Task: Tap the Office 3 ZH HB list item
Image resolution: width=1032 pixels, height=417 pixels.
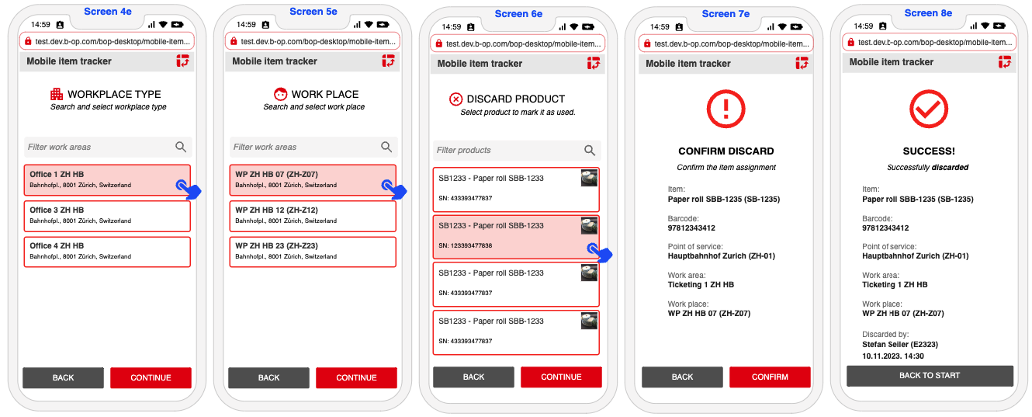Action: click(107, 215)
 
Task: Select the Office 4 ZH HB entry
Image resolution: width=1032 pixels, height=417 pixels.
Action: click(107, 252)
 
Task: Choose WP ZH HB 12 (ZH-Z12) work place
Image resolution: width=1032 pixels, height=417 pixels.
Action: click(313, 215)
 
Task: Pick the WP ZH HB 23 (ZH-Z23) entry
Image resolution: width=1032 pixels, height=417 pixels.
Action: click(313, 252)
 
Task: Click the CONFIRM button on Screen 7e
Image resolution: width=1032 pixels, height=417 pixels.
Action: click(770, 377)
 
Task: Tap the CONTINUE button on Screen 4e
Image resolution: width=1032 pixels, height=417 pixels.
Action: click(151, 377)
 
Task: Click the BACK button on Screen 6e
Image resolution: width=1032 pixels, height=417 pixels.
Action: click(473, 377)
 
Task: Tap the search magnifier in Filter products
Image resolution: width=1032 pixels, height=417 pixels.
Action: click(589, 150)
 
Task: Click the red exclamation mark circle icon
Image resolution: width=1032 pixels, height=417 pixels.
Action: click(726, 109)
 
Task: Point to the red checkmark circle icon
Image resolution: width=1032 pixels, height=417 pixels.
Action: click(928, 109)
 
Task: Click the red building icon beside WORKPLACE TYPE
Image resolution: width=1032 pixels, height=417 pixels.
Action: click(57, 94)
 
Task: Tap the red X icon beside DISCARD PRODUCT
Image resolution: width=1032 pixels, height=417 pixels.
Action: click(455, 99)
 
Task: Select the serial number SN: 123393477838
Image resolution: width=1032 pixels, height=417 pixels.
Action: click(465, 245)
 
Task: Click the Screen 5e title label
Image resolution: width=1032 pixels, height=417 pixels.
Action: click(313, 12)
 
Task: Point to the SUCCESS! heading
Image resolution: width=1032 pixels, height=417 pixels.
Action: click(929, 151)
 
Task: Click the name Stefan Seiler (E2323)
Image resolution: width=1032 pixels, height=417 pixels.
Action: click(900, 344)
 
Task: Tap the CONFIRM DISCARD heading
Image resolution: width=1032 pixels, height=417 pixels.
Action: click(726, 151)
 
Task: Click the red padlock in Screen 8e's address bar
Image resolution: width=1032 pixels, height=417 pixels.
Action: click(850, 43)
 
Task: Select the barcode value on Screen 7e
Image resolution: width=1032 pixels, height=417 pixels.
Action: click(691, 228)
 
